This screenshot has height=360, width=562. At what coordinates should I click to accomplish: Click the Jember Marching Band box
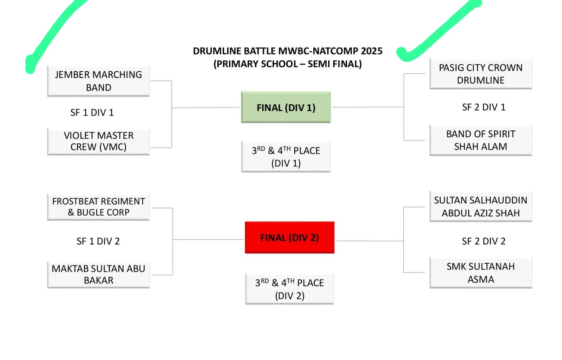point(98,81)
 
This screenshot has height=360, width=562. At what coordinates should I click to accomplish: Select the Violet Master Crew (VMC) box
point(98,141)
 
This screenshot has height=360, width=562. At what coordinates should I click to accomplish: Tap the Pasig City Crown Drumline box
point(481,74)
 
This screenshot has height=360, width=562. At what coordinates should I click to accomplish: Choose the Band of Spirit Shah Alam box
point(481,140)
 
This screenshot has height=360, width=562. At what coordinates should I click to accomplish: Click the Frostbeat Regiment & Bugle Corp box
point(98,207)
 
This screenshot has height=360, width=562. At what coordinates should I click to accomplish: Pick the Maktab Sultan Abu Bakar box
point(98,274)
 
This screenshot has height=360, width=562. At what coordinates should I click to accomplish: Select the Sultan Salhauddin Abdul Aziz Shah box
point(481,207)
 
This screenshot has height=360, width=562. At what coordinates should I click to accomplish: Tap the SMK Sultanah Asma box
point(481,273)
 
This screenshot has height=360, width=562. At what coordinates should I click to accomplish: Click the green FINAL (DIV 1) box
point(286,107)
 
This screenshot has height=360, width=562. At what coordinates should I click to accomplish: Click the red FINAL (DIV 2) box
point(289,238)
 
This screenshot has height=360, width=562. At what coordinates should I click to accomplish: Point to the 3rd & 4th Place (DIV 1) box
point(286,157)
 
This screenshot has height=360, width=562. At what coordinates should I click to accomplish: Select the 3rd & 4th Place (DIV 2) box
point(289,289)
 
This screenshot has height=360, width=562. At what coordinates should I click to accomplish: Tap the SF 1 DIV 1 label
point(92,113)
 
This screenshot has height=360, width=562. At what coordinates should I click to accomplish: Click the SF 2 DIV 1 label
point(484,107)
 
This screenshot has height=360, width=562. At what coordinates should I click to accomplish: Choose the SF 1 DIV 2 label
point(98,241)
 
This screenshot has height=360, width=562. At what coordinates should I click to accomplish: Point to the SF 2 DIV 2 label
point(484,241)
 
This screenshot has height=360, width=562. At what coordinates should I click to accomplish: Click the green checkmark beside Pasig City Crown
point(439,32)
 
